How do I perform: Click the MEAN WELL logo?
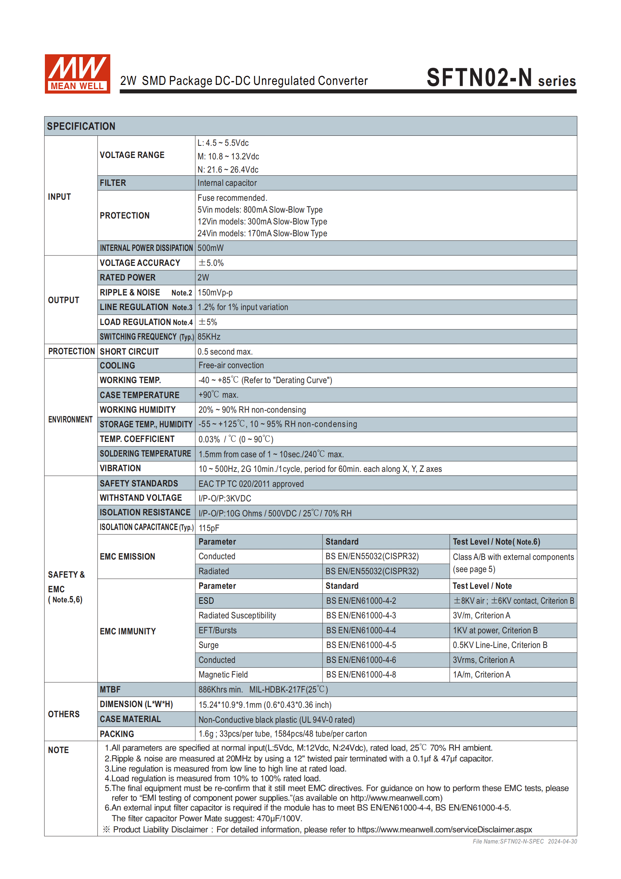click(77, 73)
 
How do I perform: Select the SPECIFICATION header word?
click(81, 126)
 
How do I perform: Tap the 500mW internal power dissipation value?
click(210, 248)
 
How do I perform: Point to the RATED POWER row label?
click(127, 278)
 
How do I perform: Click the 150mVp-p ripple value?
click(215, 293)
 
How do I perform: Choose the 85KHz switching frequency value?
click(209, 336)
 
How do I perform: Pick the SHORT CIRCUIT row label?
click(129, 351)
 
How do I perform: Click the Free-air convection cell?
click(231, 365)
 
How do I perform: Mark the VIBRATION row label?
click(120, 468)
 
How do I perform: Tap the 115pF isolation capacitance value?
click(209, 528)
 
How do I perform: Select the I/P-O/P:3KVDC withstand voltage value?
click(225, 498)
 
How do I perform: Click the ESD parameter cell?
click(206, 601)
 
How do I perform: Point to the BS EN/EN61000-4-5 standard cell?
click(361, 645)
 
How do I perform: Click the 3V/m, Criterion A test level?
click(481, 615)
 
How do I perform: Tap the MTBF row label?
click(110, 689)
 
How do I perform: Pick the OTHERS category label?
click(64, 714)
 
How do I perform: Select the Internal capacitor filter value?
click(227, 183)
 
